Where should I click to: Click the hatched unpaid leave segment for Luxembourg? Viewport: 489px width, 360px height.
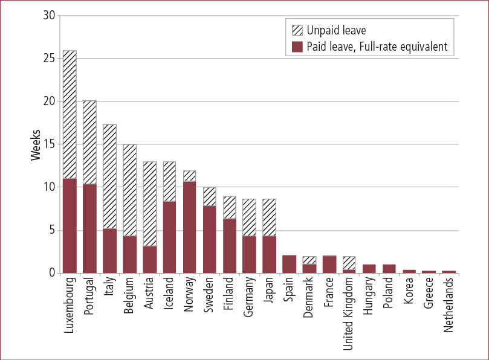[70, 114]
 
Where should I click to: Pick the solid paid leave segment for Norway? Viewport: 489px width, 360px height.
[190, 227]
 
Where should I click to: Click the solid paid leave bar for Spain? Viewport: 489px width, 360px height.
[290, 264]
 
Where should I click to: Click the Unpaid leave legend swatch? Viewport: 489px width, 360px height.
[296, 30]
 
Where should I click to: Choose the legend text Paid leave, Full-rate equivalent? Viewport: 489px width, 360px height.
[377, 47]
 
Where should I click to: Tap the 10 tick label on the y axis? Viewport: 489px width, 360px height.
[50, 187]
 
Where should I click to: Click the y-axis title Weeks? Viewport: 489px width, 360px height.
[36, 144]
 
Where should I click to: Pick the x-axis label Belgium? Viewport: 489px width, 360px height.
[130, 296]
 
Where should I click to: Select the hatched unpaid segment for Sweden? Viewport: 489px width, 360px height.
[210, 196]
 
